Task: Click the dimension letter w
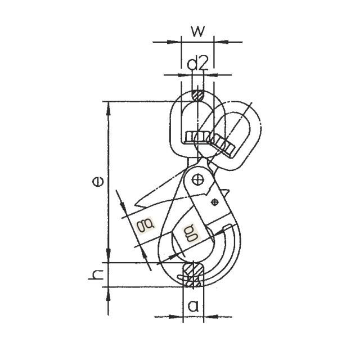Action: [x=197, y=31]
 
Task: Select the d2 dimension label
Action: [x=197, y=64]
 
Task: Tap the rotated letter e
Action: [x=98, y=181]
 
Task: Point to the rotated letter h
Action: [x=96, y=274]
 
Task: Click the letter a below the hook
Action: [x=193, y=306]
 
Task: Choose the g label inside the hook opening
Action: [x=190, y=233]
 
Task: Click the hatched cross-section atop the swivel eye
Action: [x=197, y=95]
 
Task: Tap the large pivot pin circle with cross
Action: [x=197, y=180]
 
